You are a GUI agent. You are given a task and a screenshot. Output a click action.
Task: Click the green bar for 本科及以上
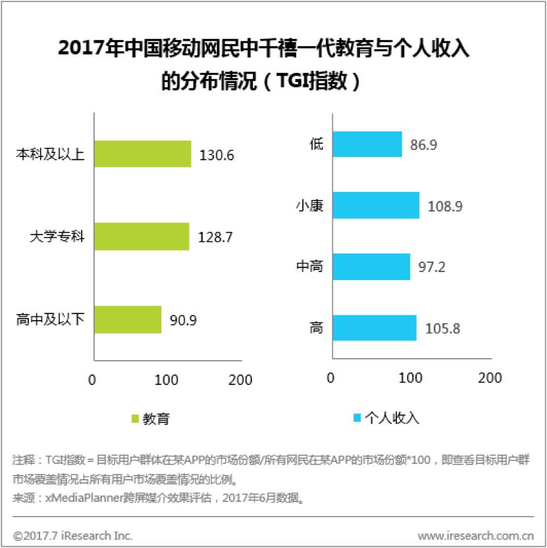[142, 154]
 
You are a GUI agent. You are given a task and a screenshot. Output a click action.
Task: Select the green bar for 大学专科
[142, 237]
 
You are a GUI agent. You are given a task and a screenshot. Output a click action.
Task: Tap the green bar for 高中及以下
[128, 319]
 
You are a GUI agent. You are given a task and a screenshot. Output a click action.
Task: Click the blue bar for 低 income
[367, 144]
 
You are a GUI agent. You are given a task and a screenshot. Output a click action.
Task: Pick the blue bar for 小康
[376, 205]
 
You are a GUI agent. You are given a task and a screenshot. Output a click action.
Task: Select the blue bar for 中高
[371, 267]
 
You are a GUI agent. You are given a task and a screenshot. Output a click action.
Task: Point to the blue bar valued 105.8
[375, 327]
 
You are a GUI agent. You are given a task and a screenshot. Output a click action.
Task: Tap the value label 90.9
[184, 321]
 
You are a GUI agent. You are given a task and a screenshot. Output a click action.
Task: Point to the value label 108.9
[445, 206]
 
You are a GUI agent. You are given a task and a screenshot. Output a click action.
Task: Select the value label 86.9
[424, 145]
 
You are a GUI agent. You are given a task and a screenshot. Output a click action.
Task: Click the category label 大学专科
[57, 237]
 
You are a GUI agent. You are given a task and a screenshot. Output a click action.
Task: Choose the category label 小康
[309, 206]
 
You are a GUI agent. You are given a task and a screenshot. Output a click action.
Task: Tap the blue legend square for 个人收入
[358, 418]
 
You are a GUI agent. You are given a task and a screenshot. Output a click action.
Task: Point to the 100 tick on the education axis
[167, 379]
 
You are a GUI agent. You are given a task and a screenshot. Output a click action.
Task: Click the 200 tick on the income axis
[490, 378]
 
